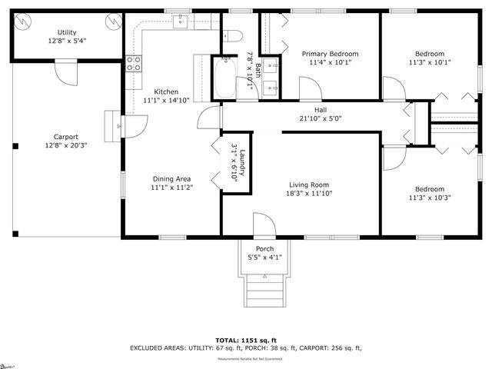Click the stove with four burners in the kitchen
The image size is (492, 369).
pyautogui.click(x=135, y=64)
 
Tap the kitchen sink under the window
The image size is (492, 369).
pyautogui.click(x=181, y=22)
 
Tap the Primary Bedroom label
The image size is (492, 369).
pyautogui.click(x=330, y=54)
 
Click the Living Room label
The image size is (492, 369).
pyautogui.click(x=309, y=184)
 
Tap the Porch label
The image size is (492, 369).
pyautogui.click(x=264, y=248)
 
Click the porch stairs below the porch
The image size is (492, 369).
pyautogui.click(x=263, y=291)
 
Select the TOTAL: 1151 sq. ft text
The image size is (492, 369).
pyautogui.click(x=246, y=339)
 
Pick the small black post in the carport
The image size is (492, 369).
pyautogui.click(x=13, y=147)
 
